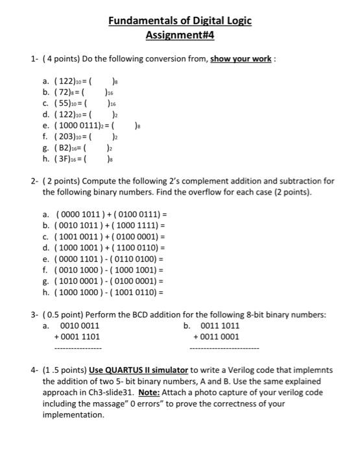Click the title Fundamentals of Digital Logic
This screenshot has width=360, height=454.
click(x=179, y=21)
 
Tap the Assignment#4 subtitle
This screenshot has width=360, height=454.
click(x=179, y=36)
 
